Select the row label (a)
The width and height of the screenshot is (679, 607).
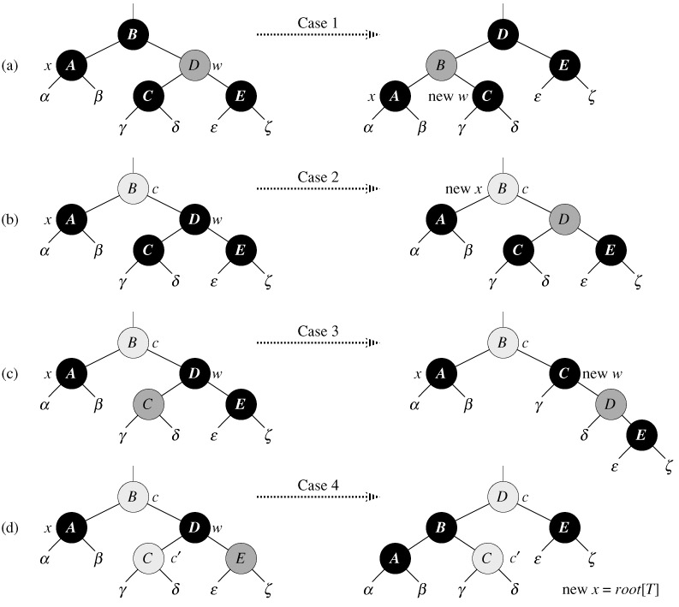pos(10,65)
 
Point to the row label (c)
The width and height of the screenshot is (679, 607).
pos(10,375)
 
